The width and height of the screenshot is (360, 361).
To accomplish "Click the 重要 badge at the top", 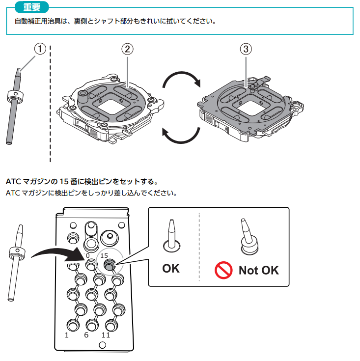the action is coord(32,7).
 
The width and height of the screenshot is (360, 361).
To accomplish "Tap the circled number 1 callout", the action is coord(40,49).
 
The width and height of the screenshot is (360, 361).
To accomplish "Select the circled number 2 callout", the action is coord(127,49).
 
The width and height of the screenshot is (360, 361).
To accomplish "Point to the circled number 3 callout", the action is coord(246,49).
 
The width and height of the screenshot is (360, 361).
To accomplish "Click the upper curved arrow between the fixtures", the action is coord(181,74).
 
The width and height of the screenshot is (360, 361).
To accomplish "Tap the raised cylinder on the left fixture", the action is coord(83,97).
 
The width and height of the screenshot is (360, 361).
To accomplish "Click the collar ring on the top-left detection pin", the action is coord(15,96).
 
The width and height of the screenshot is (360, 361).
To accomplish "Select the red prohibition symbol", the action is coord(223,270).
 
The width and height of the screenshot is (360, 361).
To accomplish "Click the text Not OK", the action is coord(259,270).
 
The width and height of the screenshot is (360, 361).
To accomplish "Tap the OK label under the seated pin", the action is coord(171,269).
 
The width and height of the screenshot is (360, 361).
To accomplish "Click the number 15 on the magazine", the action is coord(104,255).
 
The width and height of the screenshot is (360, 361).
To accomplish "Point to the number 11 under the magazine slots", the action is coord(106,335).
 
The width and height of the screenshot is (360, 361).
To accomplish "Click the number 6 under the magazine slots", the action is coord(86,335).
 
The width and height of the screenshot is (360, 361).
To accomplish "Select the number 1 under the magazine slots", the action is coord(67,335).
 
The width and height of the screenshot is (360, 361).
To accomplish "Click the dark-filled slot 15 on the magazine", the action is coord(109,265).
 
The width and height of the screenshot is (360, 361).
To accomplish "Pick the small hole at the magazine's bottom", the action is coord(102,345).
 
